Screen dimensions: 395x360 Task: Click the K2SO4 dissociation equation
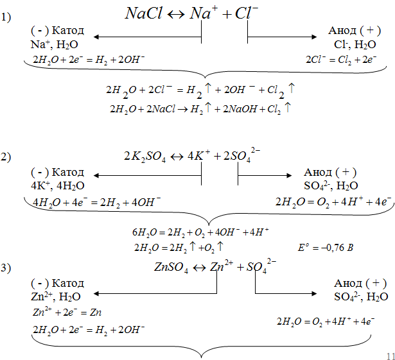tap(202, 155)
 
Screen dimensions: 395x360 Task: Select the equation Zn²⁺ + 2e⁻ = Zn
tap(67, 313)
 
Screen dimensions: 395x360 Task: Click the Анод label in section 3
tap(360, 283)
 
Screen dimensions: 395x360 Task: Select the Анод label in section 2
tap(329, 173)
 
